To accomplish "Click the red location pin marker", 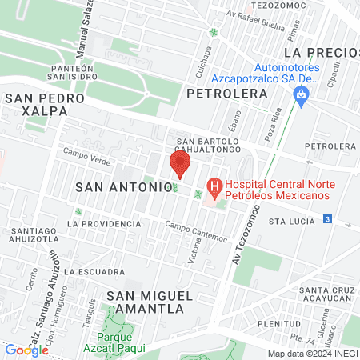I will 179,165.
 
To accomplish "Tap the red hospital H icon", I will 214,190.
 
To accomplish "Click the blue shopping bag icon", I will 302,98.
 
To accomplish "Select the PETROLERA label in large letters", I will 226,94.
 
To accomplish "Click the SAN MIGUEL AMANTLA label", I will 150,302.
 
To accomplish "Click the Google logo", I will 26,350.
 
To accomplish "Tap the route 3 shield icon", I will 326,219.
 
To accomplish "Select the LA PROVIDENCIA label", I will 99,224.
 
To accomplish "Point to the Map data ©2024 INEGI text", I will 311,354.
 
